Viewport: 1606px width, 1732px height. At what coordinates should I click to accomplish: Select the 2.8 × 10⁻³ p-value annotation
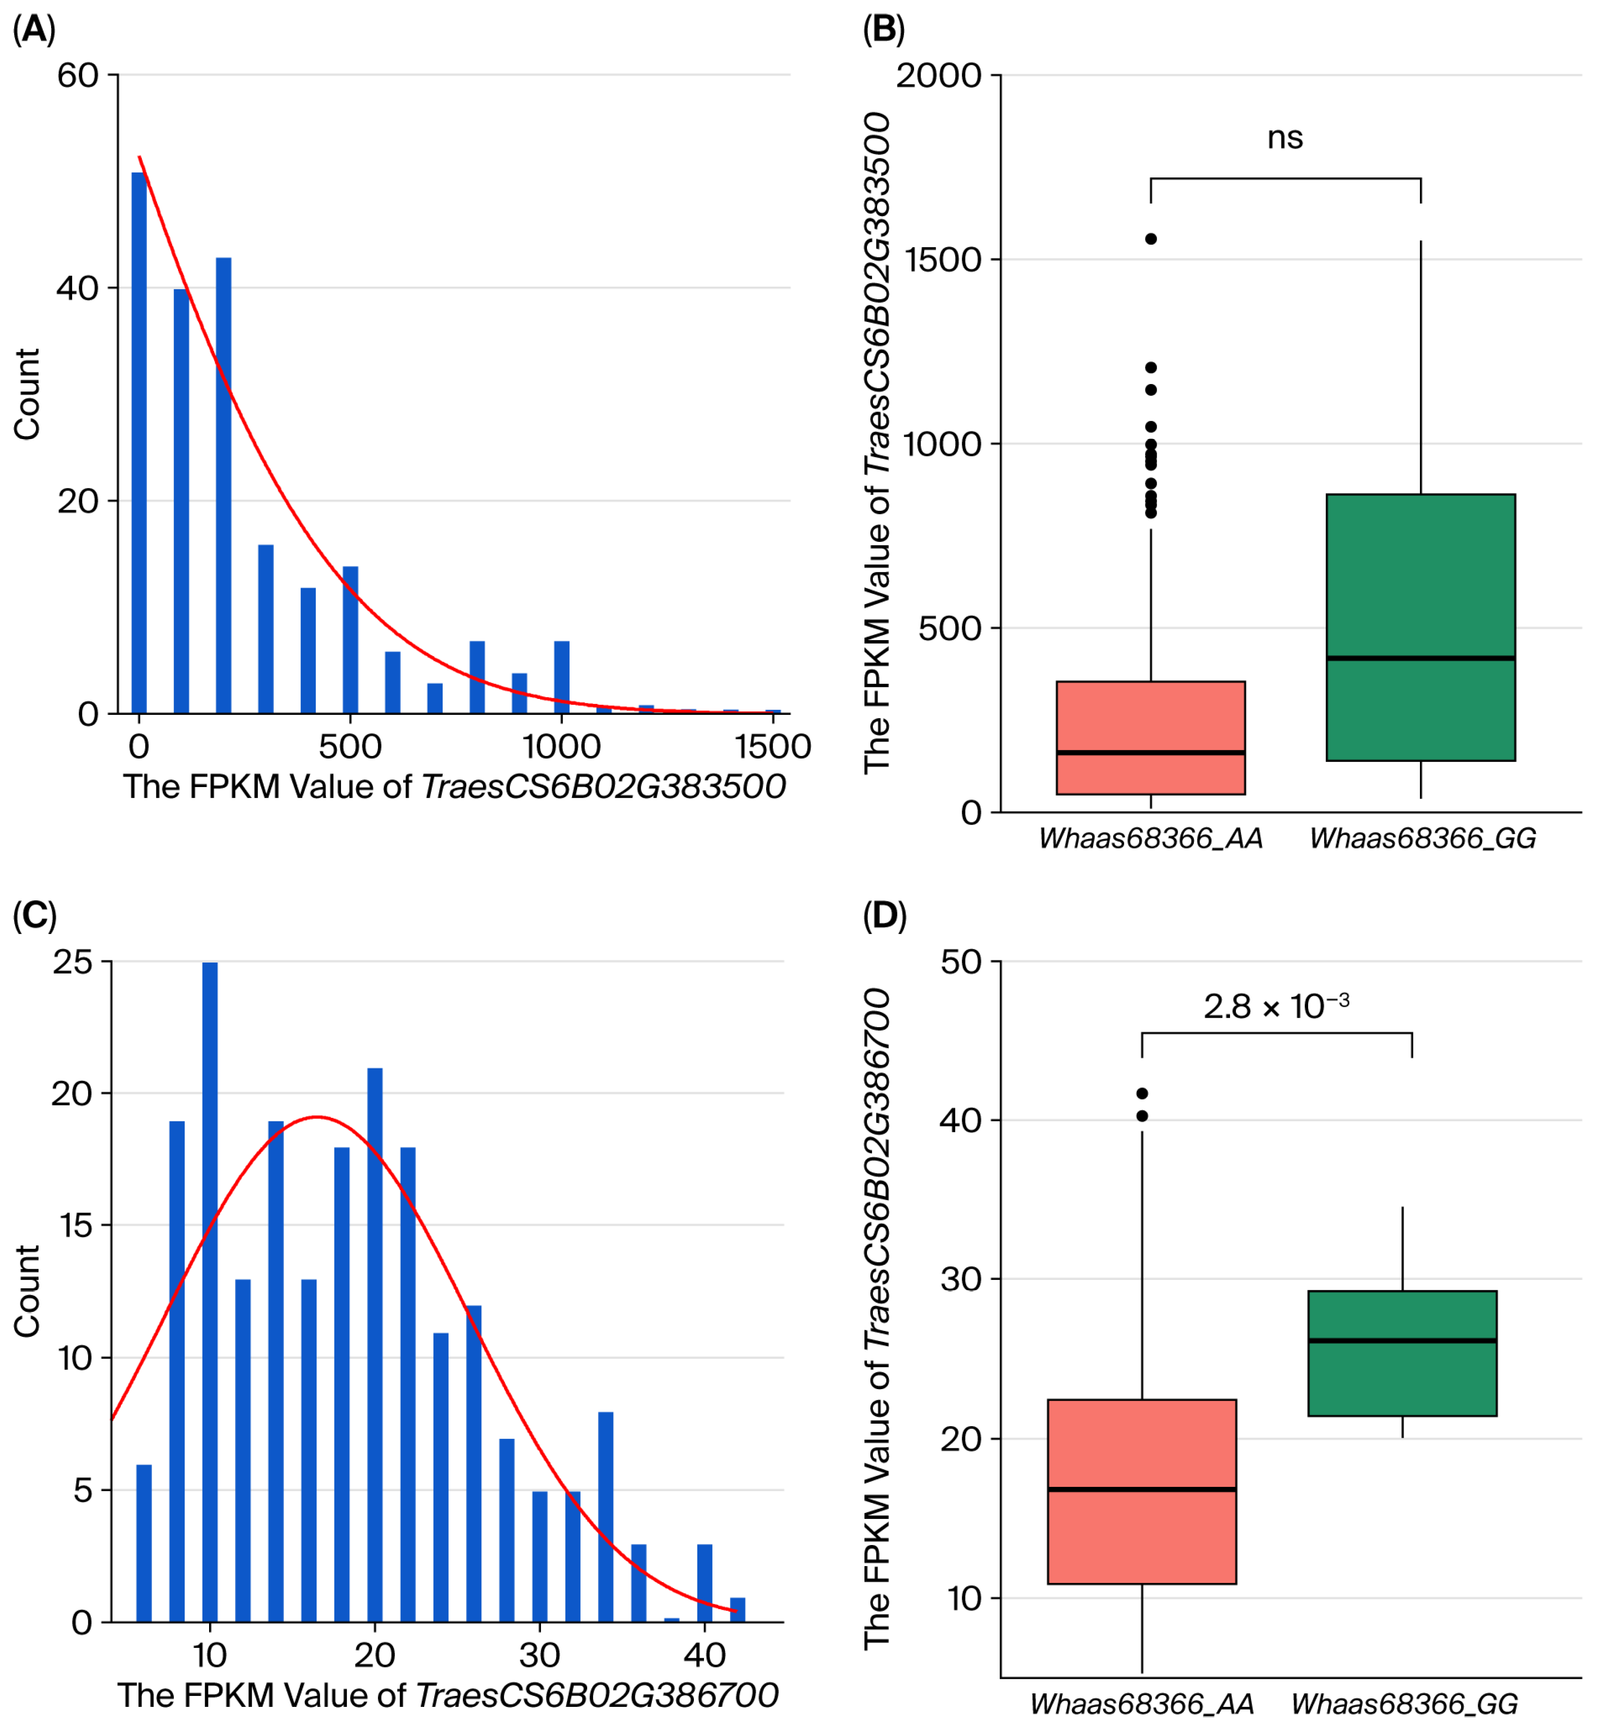tap(1276, 1006)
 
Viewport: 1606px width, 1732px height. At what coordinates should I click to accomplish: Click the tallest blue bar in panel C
tap(210, 1292)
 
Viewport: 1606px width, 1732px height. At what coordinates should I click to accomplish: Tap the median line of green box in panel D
tap(1402, 1341)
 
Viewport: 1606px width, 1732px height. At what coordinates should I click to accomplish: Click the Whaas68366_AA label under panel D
tap(1141, 1704)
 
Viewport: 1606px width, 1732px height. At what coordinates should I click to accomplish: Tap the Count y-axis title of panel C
tap(27, 1291)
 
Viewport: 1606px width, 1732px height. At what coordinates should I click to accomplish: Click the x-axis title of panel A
tap(454, 787)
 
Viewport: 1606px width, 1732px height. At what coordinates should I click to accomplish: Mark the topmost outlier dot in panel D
tap(1142, 1093)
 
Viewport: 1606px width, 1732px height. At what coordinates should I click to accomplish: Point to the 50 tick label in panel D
tap(960, 962)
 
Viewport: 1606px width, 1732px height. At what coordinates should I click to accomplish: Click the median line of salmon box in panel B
tap(1151, 752)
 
